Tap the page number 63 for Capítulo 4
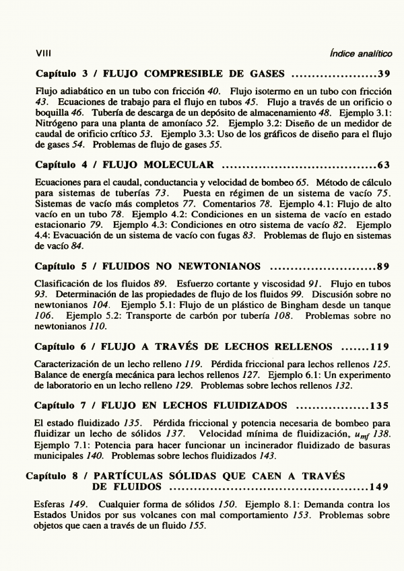pos(384,165)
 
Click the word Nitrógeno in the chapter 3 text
pos(58,125)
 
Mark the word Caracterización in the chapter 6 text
pos(67,364)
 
